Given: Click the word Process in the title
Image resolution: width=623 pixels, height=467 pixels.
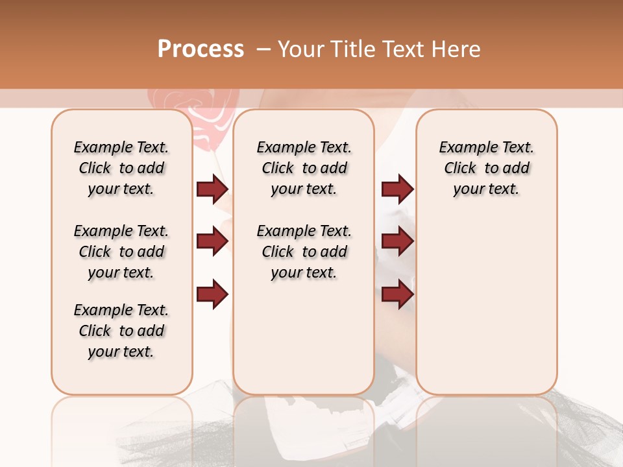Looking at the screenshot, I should click(x=201, y=49).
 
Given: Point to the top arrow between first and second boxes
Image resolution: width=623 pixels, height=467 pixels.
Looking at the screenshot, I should click(x=212, y=189).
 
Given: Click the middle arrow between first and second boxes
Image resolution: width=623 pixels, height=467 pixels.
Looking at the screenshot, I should click(x=212, y=241).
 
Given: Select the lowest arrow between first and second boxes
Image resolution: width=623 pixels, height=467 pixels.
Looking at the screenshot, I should click(x=212, y=294).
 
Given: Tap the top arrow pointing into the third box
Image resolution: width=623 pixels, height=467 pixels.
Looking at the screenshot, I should click(x=397, y=189).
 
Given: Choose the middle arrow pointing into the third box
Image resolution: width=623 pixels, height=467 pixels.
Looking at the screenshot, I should click(x=397, y=241).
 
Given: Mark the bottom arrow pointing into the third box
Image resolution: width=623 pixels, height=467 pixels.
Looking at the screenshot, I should click(x=397, y=294).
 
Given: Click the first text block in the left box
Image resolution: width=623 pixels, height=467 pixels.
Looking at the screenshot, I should click(x=121, y=168).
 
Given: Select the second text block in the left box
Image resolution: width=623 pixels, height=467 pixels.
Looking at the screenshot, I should click(x=121, y=252).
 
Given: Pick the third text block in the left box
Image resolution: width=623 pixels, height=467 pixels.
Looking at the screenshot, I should click(x=121, y=331).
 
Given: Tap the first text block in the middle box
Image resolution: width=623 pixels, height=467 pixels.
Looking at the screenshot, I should click(x=304, y=168).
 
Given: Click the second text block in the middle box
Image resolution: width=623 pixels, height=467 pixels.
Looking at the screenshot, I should click(x=304, y=252).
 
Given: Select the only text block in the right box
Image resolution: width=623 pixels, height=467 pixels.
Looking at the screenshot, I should click(x=486, y=168).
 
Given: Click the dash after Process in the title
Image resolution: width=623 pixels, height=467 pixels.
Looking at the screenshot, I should click(x=263, y=49).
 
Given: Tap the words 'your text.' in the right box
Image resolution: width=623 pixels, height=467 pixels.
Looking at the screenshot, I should click(x=486, y=189).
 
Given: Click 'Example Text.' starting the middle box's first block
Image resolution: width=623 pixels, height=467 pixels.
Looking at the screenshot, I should click(x=304, y=147).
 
